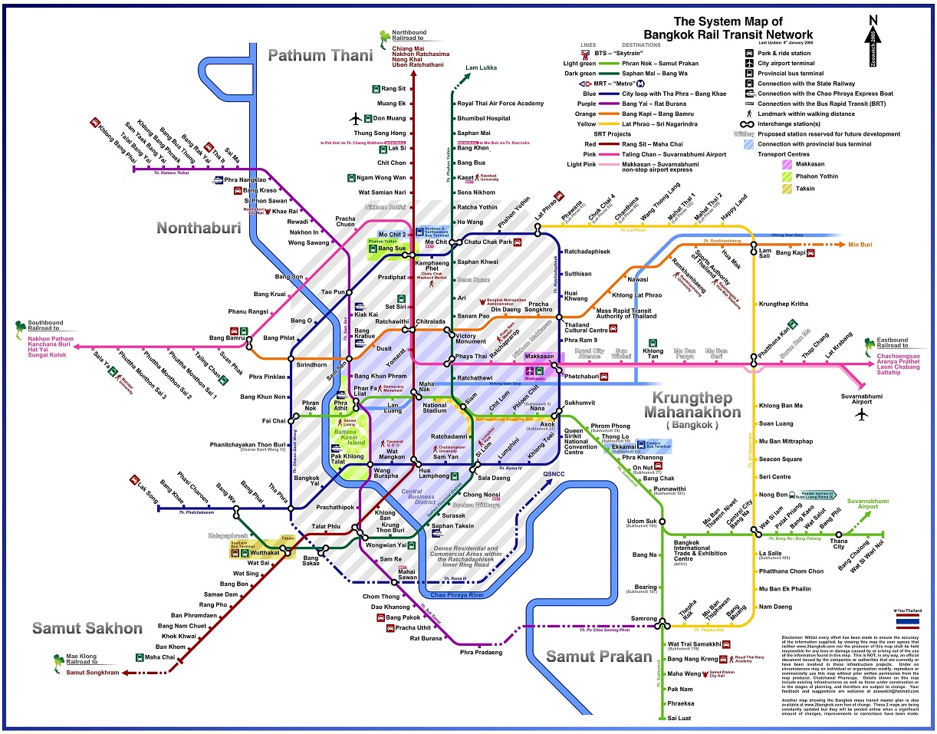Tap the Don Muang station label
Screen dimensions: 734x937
tap(390, 118)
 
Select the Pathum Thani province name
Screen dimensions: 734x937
tap(321, 55)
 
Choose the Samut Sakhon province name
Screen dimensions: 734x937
tap(87, 628)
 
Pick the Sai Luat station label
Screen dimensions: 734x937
tap(680, 718)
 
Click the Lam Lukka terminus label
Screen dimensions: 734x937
tap(481, 67)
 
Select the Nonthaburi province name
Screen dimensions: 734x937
tap(199, 228)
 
